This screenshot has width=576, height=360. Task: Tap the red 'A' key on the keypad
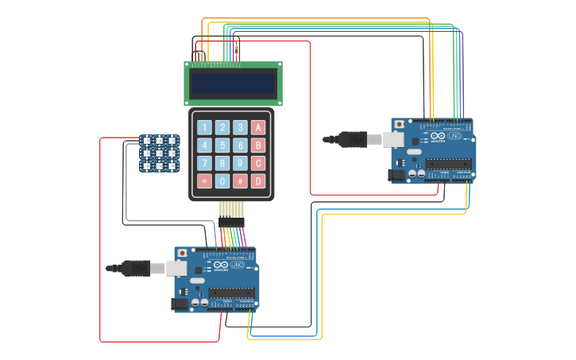coord(257,127)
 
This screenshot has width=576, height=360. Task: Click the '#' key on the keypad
coord(240,181)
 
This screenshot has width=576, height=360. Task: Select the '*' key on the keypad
coord(204,181)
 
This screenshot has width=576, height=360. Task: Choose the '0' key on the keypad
coord(222,181)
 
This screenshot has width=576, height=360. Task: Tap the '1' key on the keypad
coord(204,127)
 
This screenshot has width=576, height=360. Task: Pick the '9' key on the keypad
coord(240,164)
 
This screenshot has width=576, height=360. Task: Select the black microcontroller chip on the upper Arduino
coord(448,164)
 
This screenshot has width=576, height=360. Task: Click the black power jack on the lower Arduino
coord(181,303)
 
